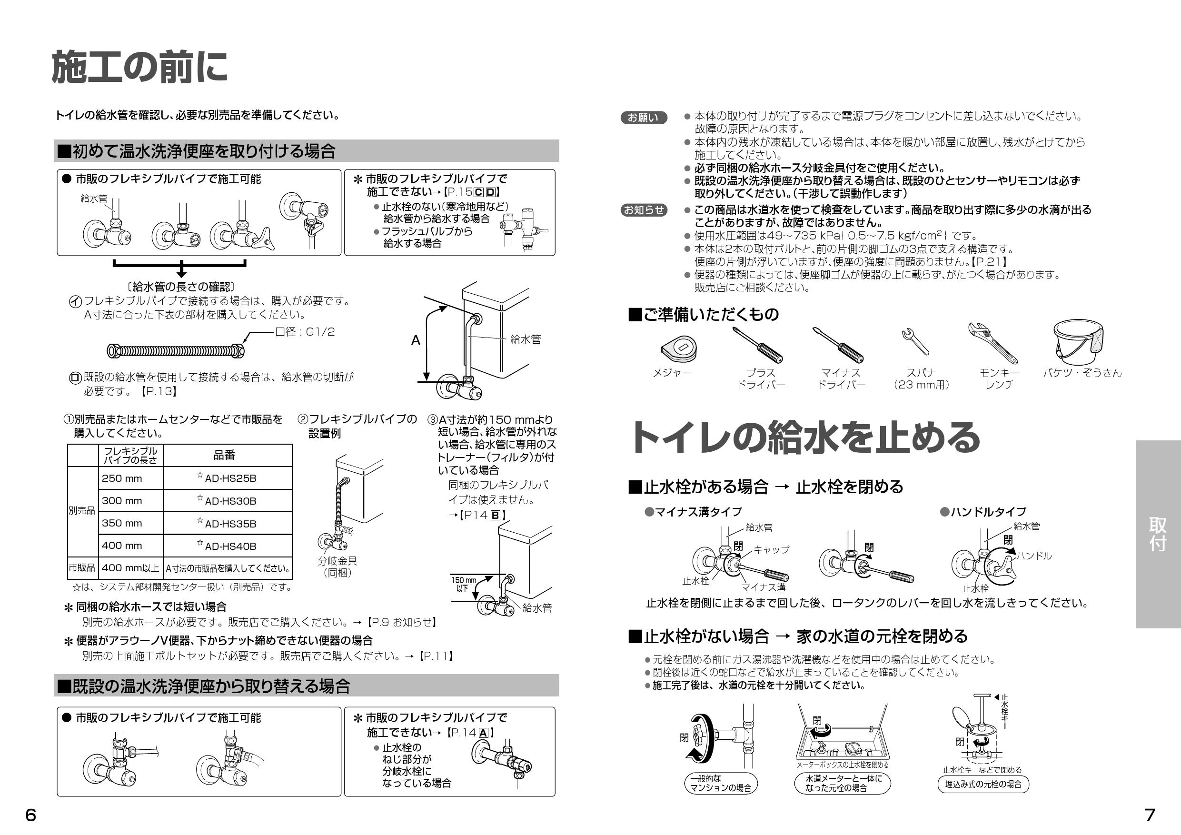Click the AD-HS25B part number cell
(x=228, y=478)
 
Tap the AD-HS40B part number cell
(x=228, y=546)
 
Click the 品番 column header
(x=224, y=455)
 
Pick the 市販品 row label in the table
(x=82, y=568)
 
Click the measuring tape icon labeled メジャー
(x=679, y=348)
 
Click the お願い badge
(x=643, y=118)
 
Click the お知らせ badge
(x=644, y=210)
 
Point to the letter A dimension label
(x=416, y=340)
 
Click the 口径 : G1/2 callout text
(x=305, y=332)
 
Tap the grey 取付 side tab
(x=1158, y=534)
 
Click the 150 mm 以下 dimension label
(x=463, y=584)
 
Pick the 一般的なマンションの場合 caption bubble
(x=720, y=783)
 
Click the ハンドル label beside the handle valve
(x=1034, y=556)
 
